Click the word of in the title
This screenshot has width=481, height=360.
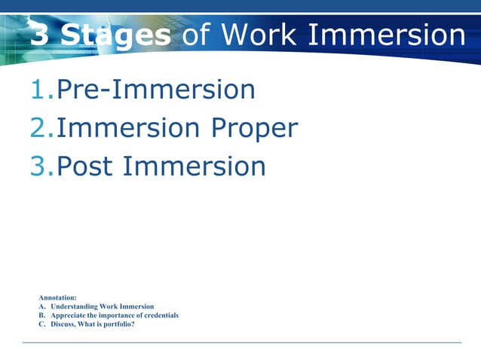(x=195, y=35)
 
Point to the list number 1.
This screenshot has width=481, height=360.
(x=39, y=90)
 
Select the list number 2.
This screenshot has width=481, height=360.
(x=39, y=128)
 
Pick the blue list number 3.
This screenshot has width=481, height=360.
(x=39, y=166)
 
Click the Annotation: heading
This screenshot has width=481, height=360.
(x=57, y=298)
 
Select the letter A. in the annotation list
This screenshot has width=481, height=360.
(x=42, y=307)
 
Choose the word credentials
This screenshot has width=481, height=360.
(x=161, y=316)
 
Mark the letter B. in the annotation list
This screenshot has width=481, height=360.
(x=42, y=316)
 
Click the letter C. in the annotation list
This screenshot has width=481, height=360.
(x=42, y=325)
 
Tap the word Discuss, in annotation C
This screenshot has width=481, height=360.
(x=65, y=325)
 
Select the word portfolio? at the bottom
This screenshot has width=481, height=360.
(x=118, y=325)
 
